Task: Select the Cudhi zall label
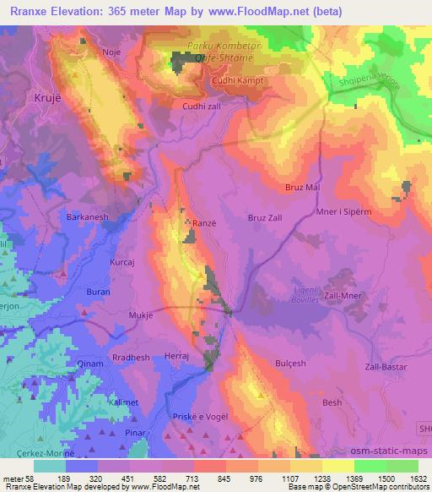201,107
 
